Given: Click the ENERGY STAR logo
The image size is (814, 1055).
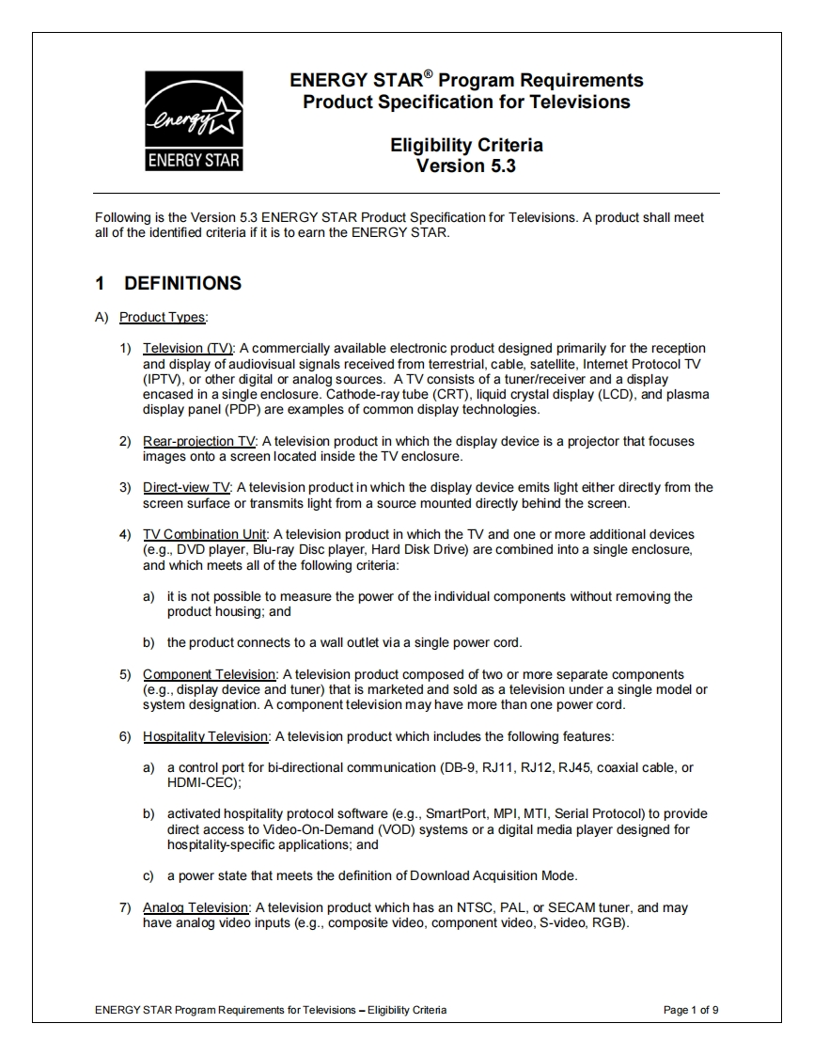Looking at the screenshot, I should pyautogui.click(x=194, y=121).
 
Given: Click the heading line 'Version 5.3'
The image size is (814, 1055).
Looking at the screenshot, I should pyautogui.click(x=466, y=165).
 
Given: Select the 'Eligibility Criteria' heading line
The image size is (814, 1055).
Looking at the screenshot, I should pyautogui.click(x=466, y=145).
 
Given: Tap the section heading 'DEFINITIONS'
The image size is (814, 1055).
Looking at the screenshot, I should pyautogui.click(x=182, y=283).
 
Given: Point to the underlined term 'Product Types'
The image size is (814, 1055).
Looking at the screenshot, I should pyautogui.click(x=163, y=317).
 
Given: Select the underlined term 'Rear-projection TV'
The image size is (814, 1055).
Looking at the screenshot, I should pyautogui.click(x=199, y=441).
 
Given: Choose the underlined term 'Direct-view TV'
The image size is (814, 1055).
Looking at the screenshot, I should pyautogui.click(x=186, y=487).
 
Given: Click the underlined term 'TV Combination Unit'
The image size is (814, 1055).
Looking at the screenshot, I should pyautogui.click(x=205, y=534).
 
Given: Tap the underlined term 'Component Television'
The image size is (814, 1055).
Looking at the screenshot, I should pyautogui.click(x=209, y=674).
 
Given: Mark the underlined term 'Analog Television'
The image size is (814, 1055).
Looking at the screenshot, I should pyautogui.click(x=196, y=907).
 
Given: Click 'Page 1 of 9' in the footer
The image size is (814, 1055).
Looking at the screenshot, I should pyautogui.click(x=691, y=1010).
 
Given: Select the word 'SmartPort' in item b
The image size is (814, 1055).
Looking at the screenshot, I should pyautogui.click(x=455, y=813).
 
